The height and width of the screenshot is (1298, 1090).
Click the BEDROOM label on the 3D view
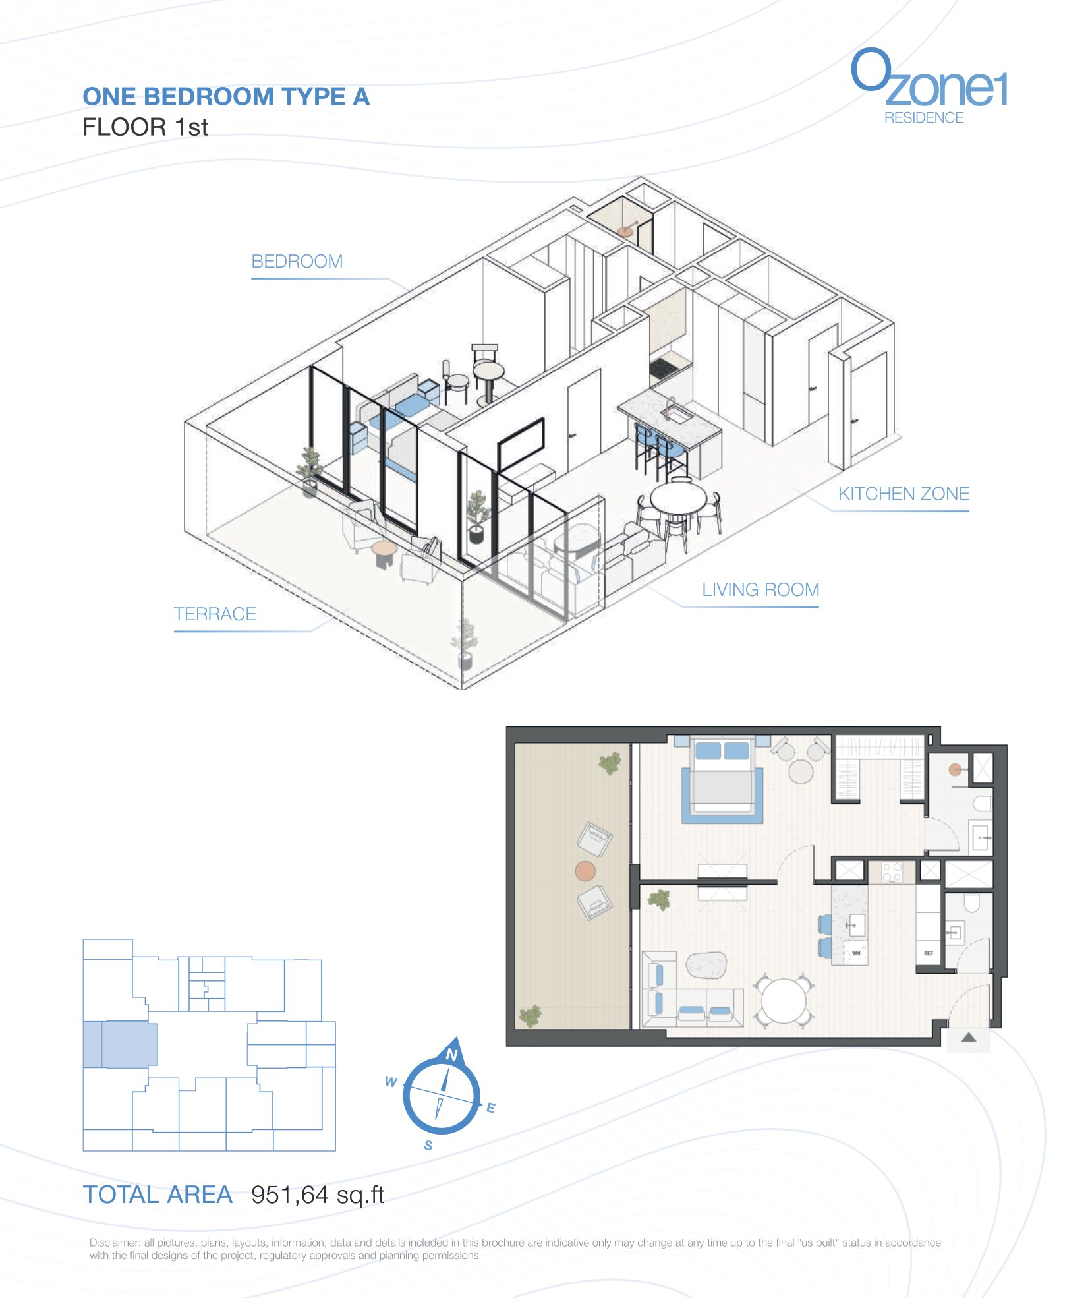point(297,261)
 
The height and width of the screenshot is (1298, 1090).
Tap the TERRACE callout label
point(215,614)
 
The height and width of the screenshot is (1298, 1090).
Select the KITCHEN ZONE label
point(904,494)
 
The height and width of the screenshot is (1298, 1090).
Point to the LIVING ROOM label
point(760,589)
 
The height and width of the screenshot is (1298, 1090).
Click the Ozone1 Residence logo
point(929,86)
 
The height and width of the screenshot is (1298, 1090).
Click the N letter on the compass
point(452,1055)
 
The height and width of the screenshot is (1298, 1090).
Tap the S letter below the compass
point(428,1146)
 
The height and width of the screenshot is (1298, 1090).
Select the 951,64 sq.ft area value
point(318,1195)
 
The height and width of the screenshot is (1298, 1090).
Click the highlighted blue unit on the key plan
point(120,1044)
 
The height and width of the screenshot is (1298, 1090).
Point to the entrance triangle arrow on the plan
point(968,1037)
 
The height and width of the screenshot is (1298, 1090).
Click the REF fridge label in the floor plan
point(929,953)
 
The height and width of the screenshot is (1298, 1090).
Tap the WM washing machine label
point(856,953)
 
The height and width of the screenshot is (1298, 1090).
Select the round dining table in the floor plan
point(784,1001)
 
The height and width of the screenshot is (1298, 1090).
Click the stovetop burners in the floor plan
point(892,872)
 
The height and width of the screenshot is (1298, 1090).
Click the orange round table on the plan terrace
point(585,871)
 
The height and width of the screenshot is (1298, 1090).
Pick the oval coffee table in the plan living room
point(706,965)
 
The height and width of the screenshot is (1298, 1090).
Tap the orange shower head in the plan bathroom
point(955,769)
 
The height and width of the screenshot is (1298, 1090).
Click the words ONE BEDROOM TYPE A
point(226,97)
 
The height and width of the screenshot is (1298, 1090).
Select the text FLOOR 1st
point(145,127)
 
